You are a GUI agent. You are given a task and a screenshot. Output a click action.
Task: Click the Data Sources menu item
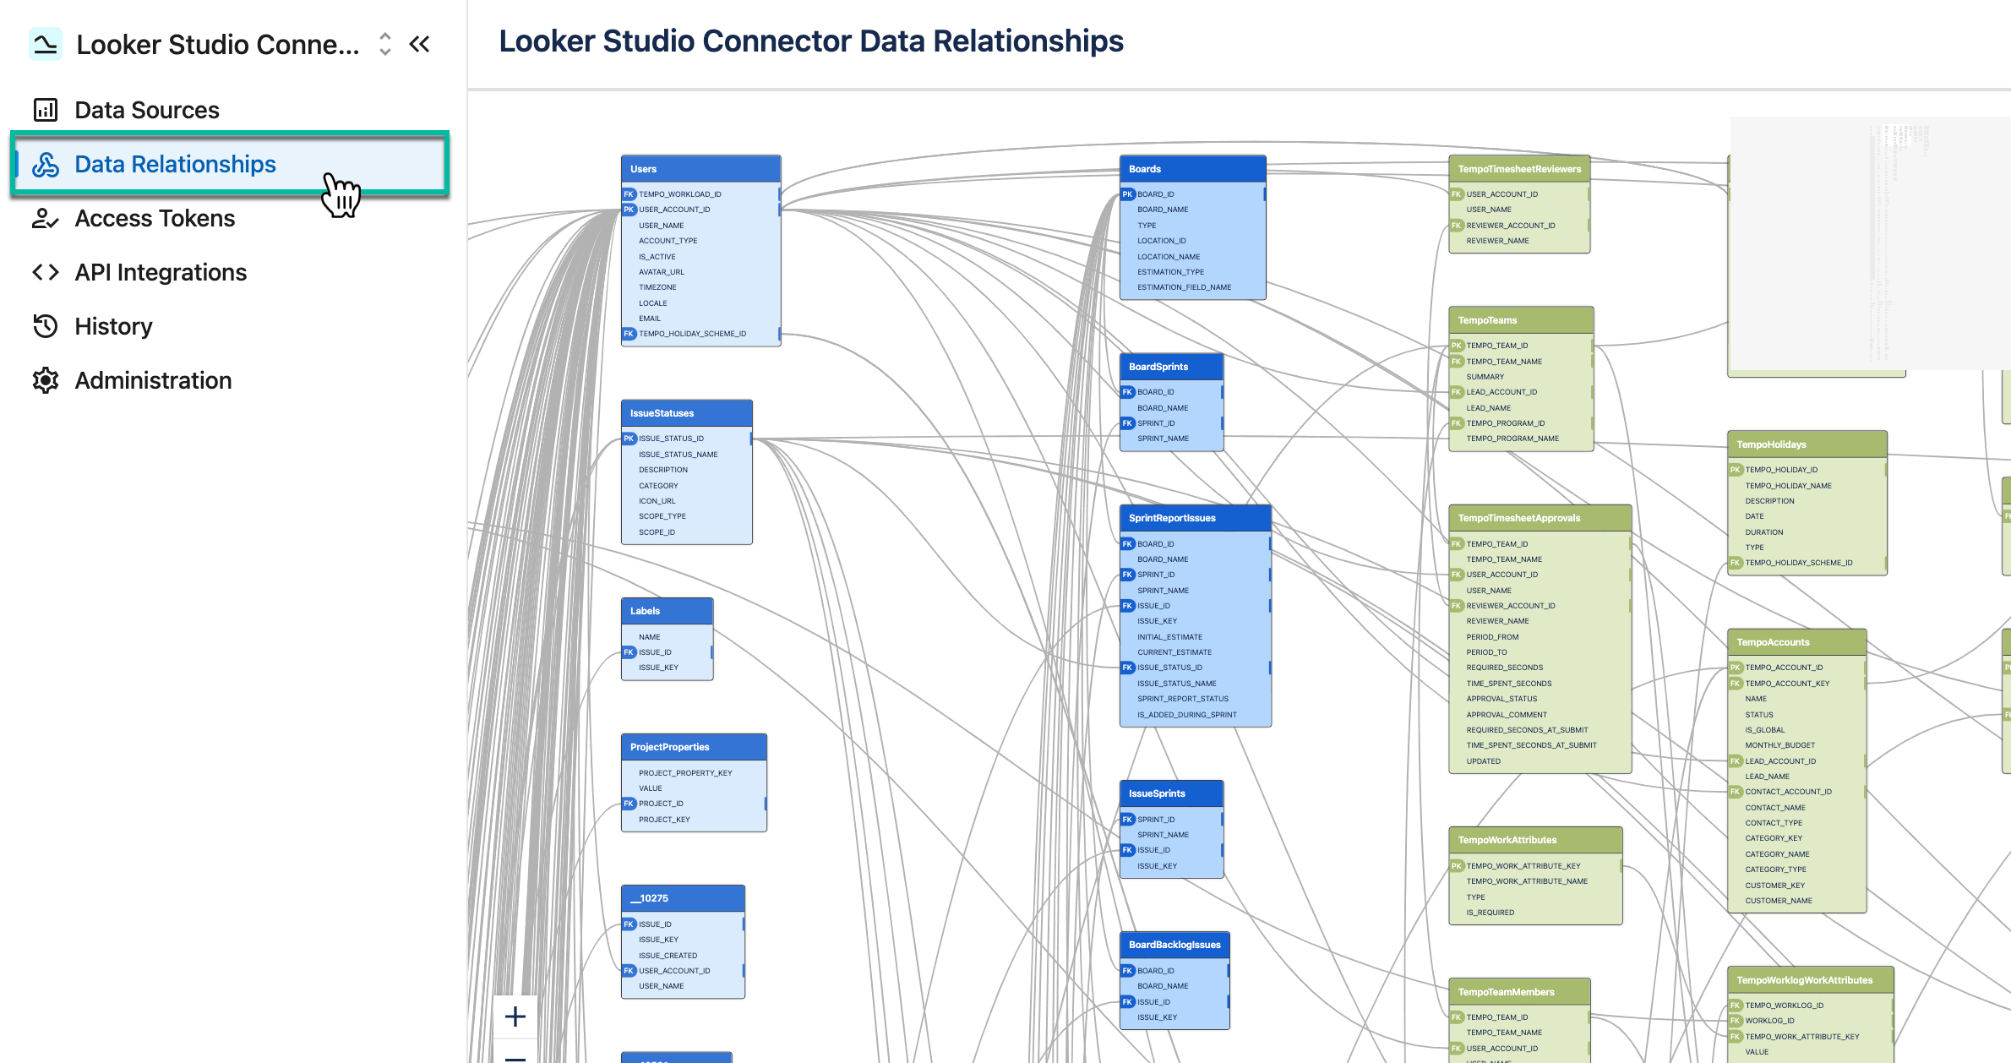(x=146, y=110)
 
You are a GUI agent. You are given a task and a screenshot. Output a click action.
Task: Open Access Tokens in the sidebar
(x=155, y=218)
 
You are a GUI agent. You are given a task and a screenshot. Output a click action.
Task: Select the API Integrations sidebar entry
(x=161, y=272)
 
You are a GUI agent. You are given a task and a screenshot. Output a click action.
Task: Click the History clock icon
(x=46, y=326)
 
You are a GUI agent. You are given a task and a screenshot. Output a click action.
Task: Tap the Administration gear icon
(x=46, y=380)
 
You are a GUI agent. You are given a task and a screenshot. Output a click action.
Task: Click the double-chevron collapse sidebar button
(x=420, y=44)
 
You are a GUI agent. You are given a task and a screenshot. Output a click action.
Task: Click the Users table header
(x=700, y=169)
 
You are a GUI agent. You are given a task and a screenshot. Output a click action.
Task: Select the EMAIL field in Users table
(x=650, y=319)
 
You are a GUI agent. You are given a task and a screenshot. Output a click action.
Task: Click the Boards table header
(x=1191, y=169)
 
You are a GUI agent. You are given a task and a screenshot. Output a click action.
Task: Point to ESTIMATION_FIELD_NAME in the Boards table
(x=1184, y=287)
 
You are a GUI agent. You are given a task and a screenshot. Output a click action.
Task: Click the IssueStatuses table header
(x=685, y=413)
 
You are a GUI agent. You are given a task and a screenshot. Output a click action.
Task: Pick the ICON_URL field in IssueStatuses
(x=657, y=501)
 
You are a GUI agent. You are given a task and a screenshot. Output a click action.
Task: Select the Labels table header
(x=666, y=611)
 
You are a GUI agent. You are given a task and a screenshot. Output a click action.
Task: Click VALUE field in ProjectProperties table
(x=651, y=788)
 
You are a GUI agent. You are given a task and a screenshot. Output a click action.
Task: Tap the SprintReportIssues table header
(x=1194, y=518)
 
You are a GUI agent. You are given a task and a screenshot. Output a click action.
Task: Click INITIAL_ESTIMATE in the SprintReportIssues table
(x=1169, y=637)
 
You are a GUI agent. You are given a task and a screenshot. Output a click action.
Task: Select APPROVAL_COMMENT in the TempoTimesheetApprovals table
(x=1507, y=715)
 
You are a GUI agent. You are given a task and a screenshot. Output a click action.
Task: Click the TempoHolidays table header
(x=1806, y=444)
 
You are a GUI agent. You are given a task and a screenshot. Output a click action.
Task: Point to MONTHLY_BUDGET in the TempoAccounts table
(x=1779, y=745)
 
